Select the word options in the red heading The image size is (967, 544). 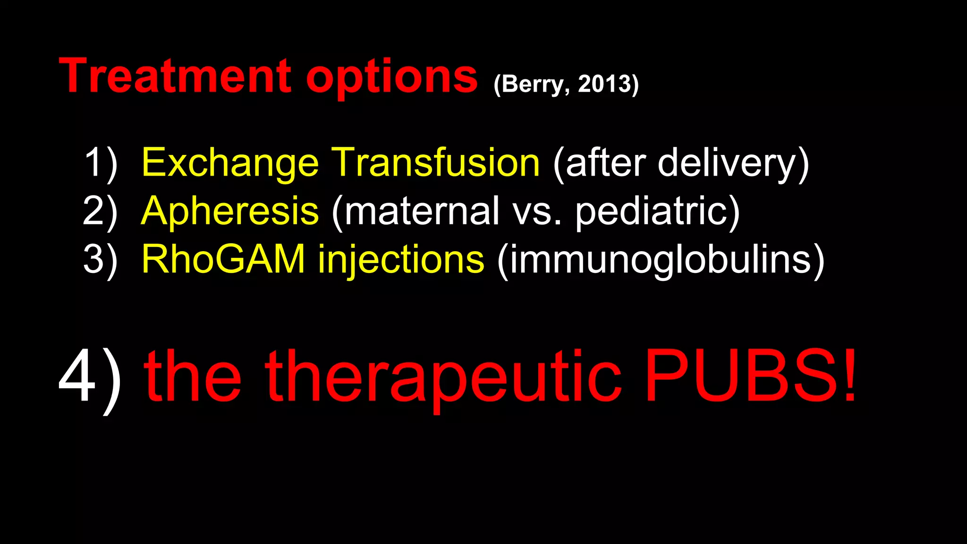click(x=392, y=78)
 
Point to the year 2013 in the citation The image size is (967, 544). click(x=605, y=84)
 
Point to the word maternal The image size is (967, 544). click(x=422, y=212)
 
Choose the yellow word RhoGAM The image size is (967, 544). click(x=223, y=259)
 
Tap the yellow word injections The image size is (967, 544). click(x=401, y=260)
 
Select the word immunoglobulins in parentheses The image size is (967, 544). click(x=661, y=260)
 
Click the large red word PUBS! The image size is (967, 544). click(x=751, y=376)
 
